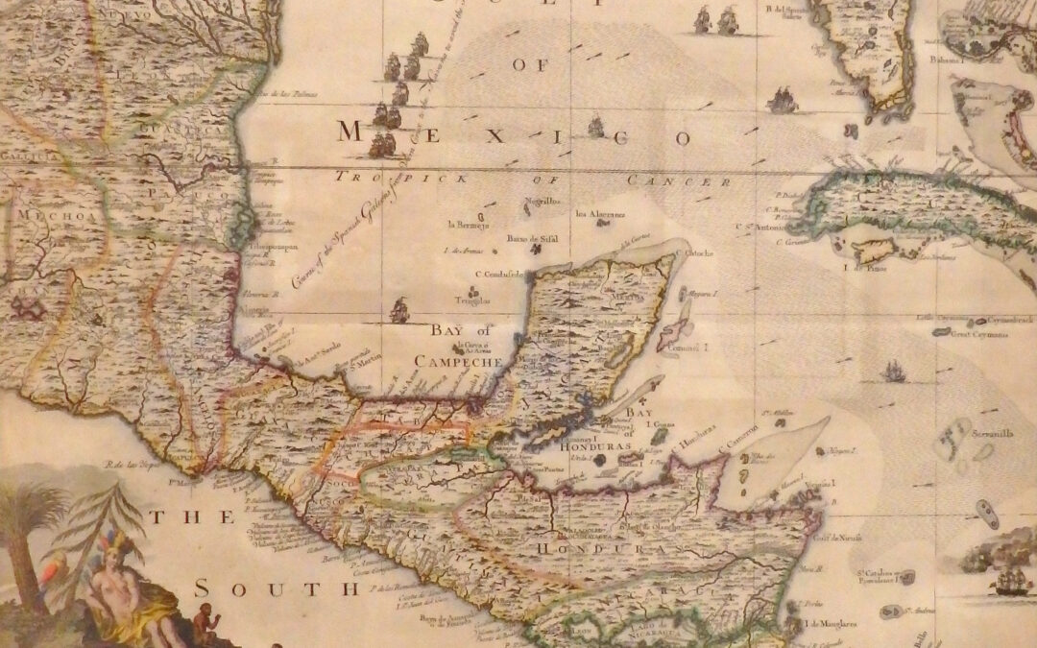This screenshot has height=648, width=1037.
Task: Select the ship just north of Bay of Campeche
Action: [399, 309]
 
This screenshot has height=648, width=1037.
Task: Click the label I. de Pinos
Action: [860, 269]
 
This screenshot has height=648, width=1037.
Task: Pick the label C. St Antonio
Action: [758, 228]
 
